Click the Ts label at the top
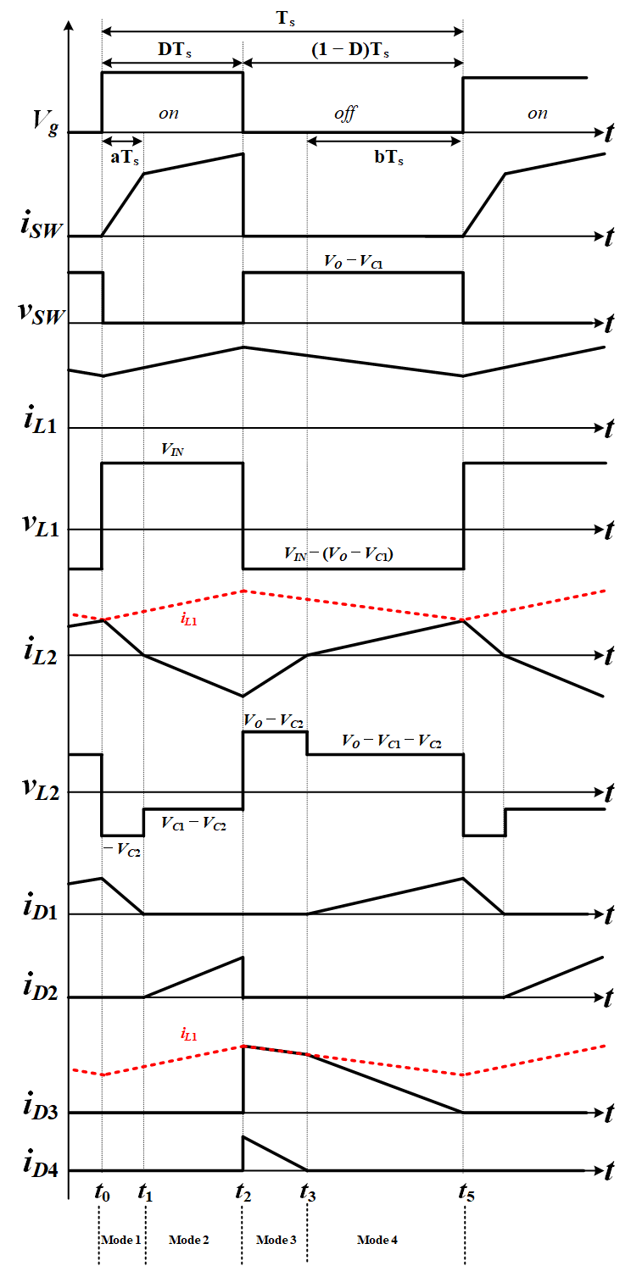pyautogui.click(x=282, y=16)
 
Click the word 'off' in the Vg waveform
pyautogui.click(x=344, y=114)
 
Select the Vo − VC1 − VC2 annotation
pyautogui.click(x=391, y=741)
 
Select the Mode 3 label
pyautogui.click(x=276, y=1240)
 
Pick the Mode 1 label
pyautogui.click(x=120, y=1240)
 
